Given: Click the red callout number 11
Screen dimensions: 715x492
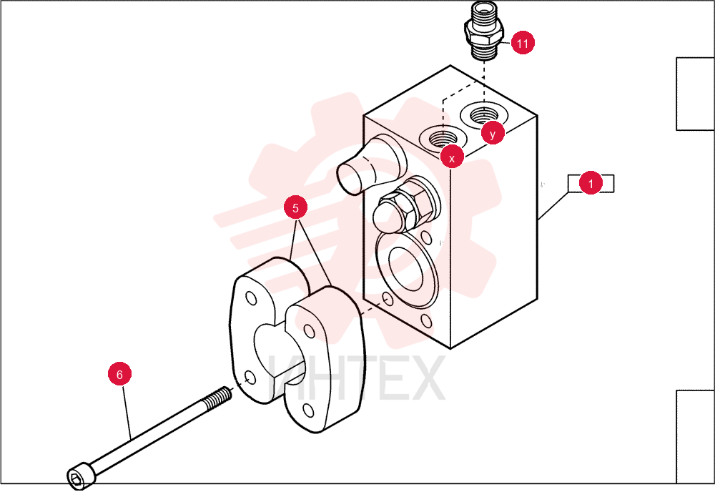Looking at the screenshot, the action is [523, 43].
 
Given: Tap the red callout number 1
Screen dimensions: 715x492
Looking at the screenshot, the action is [591, 183].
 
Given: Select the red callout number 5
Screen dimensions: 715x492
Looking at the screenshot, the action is [295, 207].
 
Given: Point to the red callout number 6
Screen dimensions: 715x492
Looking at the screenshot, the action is [119, 374].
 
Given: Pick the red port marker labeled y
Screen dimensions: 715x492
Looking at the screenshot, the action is [493, 133].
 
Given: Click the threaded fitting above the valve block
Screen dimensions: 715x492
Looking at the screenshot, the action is [483, 31].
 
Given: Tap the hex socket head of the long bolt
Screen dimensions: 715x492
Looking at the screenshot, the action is [80, 476].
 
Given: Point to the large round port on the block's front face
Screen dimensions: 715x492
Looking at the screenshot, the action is [405, 269].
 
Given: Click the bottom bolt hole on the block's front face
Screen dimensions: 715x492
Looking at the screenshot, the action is [426, 321].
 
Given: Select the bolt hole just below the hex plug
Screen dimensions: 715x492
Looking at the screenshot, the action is [426, 237].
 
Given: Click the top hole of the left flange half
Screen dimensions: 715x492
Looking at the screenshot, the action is [251, 298].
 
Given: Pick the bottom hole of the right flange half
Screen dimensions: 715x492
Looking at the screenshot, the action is [309, 410].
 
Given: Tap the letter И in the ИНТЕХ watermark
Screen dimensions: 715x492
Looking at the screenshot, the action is [284, 378].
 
